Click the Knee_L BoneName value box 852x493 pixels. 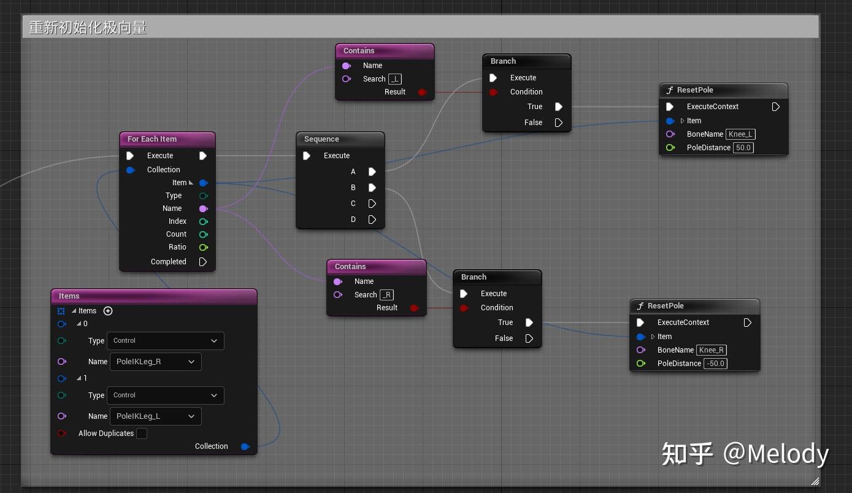click(x=740, y=134)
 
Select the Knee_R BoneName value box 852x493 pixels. click(x=712, y=350)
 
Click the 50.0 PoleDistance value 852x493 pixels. click(x=743, y=148)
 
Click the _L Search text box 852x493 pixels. click(x=395, y=79)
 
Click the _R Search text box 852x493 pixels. click(x=386, y=295)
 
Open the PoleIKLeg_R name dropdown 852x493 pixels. click(x=155, y=362)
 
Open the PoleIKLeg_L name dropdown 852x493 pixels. click(x=155, y=416)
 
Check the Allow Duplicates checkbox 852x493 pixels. click(x=142, y=434)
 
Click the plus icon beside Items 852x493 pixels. click(x=108, y=311)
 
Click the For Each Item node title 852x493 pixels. click(x=152, y=139)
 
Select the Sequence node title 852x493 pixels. click(x=321, y=139)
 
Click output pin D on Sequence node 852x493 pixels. click(x=372, y=220)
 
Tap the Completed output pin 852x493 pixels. click(x=203, y=262)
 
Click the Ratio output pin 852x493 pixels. click(x=203, y=247)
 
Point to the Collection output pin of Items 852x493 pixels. click(x=245, y=446)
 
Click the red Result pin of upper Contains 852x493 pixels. click(x=422, y=92)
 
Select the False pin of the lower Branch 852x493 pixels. click(x=529, y=338)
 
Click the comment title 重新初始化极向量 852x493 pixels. click(x=88, y=28)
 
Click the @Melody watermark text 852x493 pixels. click(x=775, y=454)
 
